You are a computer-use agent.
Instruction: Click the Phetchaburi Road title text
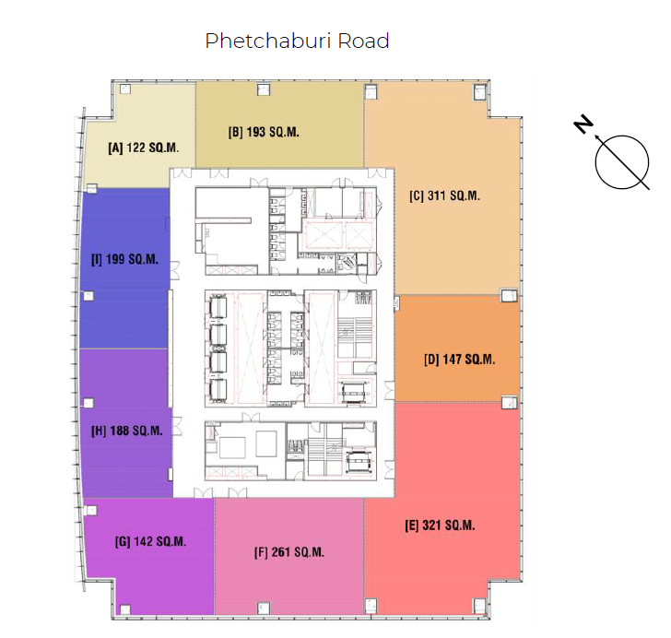(x=297, y=41)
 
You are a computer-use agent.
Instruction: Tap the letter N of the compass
(x=583, y=124)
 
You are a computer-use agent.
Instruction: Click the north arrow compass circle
(x=622, y=162)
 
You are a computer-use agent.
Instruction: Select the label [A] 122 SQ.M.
(x=144, y=148)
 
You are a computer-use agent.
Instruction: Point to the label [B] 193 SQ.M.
(x=264, y=132)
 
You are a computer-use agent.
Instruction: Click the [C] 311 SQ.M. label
(x=444, y=195)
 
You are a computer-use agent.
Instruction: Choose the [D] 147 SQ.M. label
(x=460, y=360)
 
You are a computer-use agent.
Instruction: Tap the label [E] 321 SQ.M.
(x=440, y=526)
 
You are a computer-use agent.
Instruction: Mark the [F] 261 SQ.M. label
(x=289, y=552)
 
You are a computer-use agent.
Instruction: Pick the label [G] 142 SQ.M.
(x=150, y=542)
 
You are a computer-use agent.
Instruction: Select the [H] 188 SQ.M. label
(x=127, y=431)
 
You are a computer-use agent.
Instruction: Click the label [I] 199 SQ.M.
(x=124, y=259)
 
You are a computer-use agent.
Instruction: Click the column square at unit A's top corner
(x=125, y=89)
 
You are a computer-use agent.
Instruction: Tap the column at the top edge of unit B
(x=264, y=89)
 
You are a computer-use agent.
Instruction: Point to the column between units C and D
(x=509, y=295)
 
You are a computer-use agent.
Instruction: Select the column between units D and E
(x=509, y=402)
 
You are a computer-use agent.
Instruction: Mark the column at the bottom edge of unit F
(x=264, y=608)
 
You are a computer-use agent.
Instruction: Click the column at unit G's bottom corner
(x=125, y=609)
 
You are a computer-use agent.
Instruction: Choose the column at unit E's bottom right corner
(x=479, y=606)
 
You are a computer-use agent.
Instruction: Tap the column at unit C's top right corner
(x=479, y=91)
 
